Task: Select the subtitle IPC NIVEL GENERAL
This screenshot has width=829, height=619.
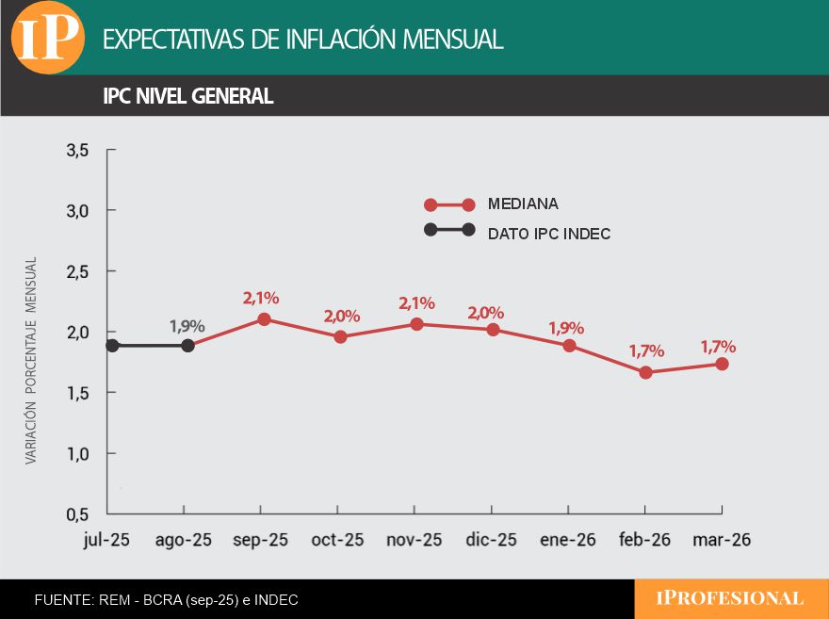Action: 188,96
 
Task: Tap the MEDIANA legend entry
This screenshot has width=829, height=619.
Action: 523,204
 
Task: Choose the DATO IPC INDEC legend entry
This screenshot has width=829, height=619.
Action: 549,233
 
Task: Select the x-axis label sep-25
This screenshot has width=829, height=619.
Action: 260,541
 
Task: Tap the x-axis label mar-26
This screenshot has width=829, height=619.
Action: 722,541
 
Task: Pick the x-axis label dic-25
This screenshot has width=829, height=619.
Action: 491,541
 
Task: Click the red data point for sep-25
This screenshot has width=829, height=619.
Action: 264,319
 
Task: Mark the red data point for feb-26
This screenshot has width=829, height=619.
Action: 645,372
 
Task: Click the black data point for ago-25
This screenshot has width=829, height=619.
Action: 187,346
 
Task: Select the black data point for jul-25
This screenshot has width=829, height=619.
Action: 112,346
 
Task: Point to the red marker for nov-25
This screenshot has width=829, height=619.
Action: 416,324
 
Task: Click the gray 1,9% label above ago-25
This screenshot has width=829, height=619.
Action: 187,326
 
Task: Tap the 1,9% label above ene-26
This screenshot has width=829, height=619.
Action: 566,328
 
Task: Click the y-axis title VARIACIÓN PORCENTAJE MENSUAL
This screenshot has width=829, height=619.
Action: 30,360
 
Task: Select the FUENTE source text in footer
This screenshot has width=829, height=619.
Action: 166,599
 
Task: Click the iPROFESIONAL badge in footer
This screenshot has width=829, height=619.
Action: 730,598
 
